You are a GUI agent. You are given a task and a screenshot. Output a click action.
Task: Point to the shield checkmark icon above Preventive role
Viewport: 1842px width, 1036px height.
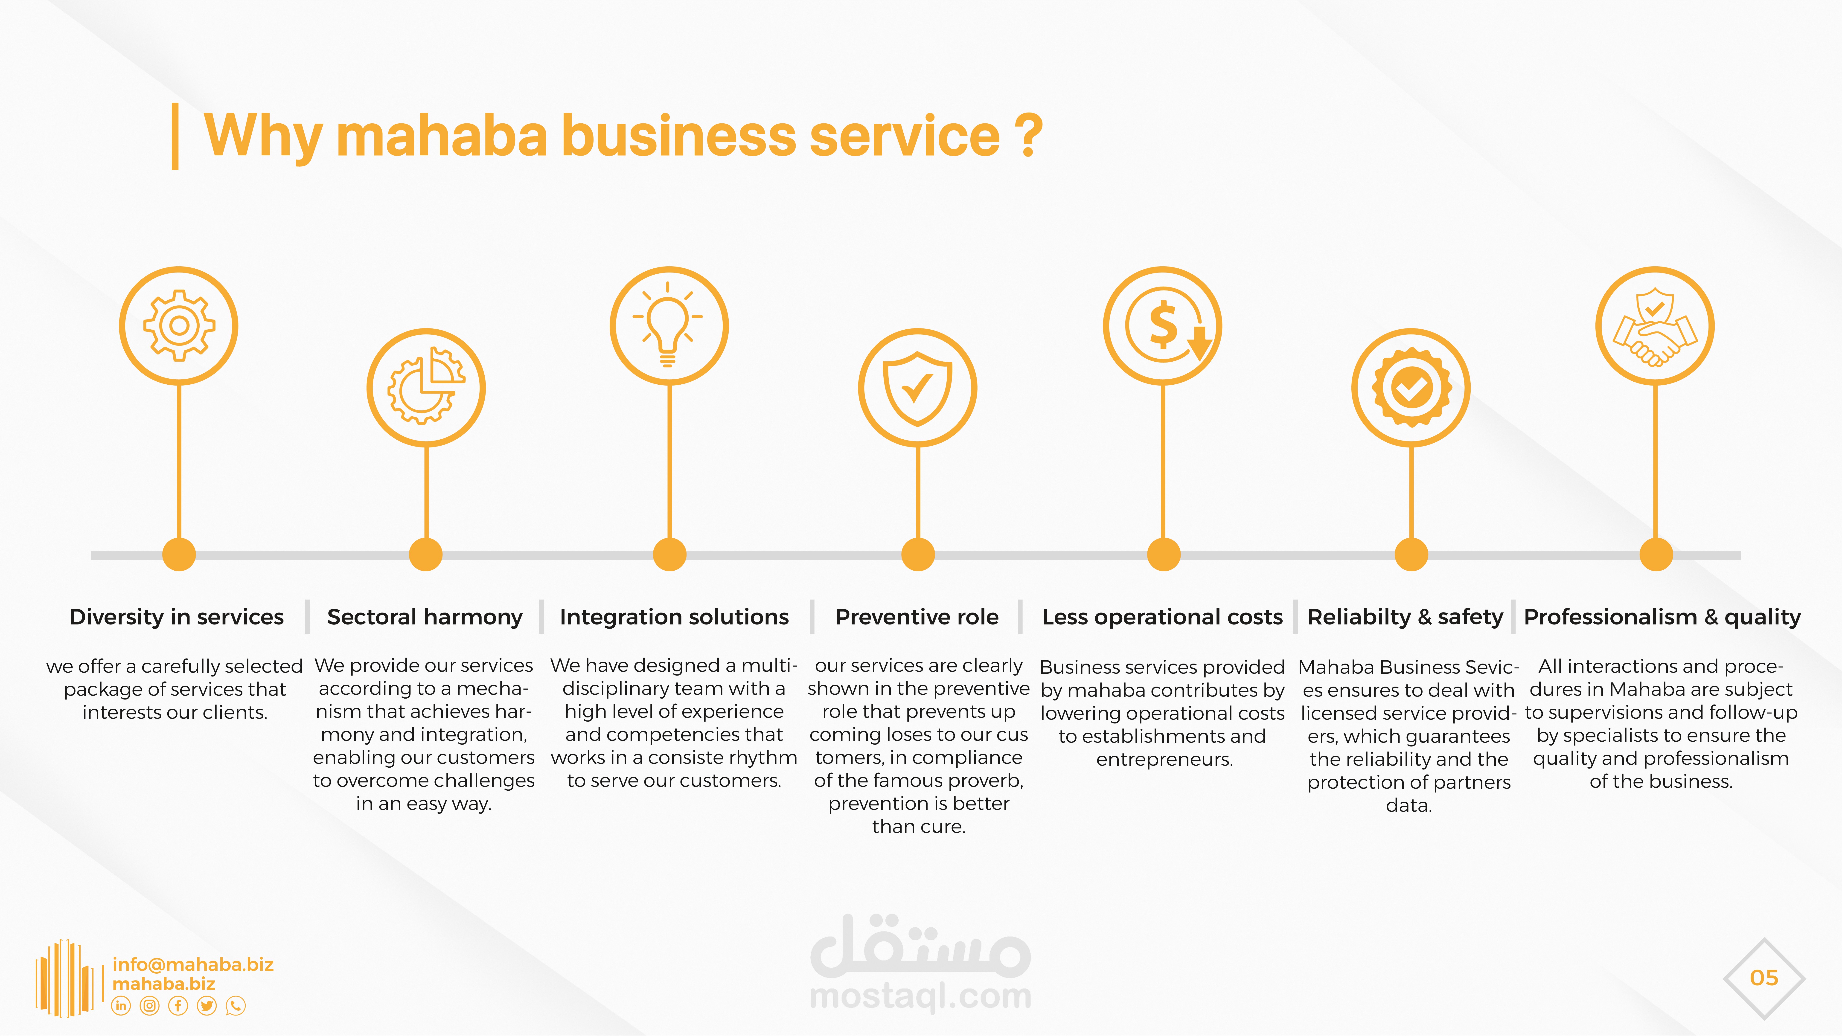tap(917, 388)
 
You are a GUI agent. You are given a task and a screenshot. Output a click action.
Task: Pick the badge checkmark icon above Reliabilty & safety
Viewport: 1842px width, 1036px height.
tap(1411, 388)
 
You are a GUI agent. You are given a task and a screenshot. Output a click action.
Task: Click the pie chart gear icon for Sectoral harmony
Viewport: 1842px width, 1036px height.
tap(426, 388)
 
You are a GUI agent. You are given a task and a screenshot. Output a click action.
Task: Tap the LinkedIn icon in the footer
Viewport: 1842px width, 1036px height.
tap(121, 1006)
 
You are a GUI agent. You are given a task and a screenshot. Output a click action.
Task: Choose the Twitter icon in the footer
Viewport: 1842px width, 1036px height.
tap(207, 1006)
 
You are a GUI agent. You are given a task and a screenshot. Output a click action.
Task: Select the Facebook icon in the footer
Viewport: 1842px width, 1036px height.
tap(178, 1006)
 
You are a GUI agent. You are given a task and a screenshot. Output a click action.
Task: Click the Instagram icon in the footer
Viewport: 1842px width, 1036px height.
tap(149, 1006)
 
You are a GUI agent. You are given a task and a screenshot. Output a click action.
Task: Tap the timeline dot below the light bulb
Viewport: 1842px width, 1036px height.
tap(669, 555)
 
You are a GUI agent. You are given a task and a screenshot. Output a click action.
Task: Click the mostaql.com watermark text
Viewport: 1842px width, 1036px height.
tap(920, 996)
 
